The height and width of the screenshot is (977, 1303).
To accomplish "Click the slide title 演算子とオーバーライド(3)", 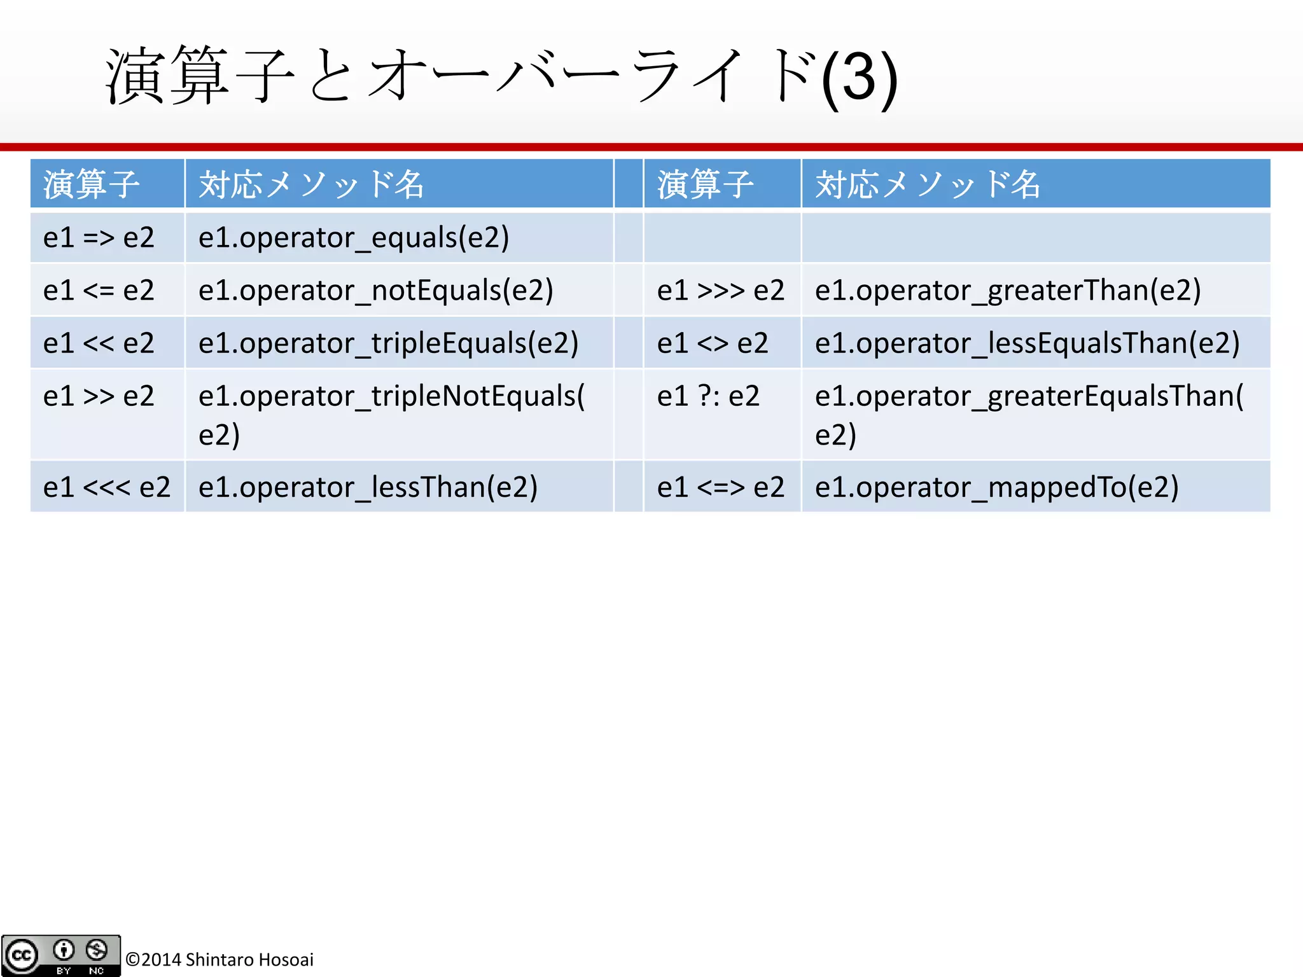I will point(501,76).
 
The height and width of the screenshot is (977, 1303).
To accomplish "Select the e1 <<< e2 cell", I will point(107,487).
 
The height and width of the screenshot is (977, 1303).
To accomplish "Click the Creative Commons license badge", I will point(61,955).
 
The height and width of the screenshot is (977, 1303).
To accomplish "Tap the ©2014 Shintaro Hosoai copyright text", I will point(219,959).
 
